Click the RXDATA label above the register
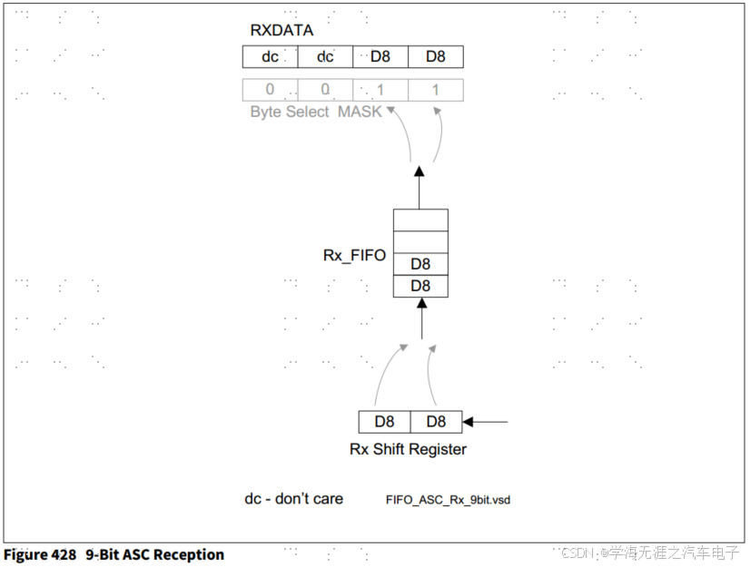coord(281,30)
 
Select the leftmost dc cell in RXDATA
coord(270,57)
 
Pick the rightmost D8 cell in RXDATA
coord(436,57)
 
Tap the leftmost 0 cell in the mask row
coord(270,90)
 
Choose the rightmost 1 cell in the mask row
coord(436,90)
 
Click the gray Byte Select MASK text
coord(316,112)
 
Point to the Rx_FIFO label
coord(354,256)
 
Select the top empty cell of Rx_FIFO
coord(420,220)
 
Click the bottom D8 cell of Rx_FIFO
coord(420,286)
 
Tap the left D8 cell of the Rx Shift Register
coord(385,422)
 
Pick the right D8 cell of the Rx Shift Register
coord(436,422)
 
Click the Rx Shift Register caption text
coord(408,449)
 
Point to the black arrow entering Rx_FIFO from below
coord(421,319)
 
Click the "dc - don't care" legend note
coord(293,498)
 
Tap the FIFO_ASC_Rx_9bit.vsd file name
coord(448,500)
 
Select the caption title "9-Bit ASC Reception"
coord(154,553)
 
